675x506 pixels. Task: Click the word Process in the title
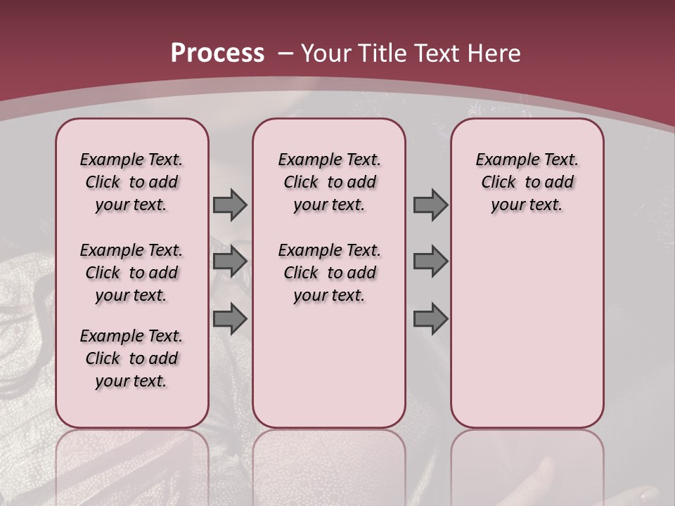pos(217,53)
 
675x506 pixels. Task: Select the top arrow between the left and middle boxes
pos(230,205)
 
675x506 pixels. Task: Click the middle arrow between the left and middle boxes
pos(230,262)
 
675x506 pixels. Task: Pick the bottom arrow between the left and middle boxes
pos(230,319)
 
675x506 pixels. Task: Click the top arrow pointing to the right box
pos(430,205)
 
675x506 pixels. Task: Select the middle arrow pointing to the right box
pos(430,262)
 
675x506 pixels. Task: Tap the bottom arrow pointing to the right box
pos(430,319)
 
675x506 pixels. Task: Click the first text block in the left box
pos(131,182)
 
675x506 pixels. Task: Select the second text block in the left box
pos(131,273)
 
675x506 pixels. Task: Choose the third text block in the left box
pos(131,358)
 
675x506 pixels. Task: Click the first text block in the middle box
pos(329,182)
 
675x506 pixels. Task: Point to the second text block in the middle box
pos(329,273)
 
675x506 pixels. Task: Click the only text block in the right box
pos(527,182)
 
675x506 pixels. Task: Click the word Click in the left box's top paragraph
pos(103,183)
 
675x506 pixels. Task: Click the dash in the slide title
pos(285,53)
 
